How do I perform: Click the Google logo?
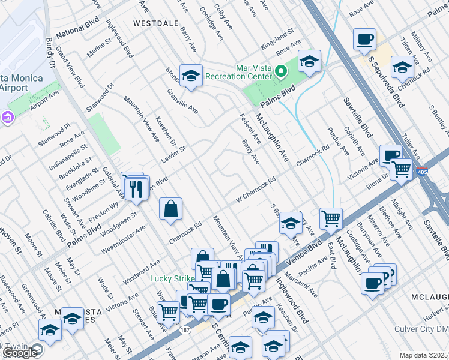coord(19,353)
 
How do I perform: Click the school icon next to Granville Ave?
coord(190,75)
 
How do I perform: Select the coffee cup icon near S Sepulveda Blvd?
coord(364,40)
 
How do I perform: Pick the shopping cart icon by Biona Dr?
coord(400,169)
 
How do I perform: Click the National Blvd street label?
coord(76,34)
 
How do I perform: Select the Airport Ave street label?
coord(45,95)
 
